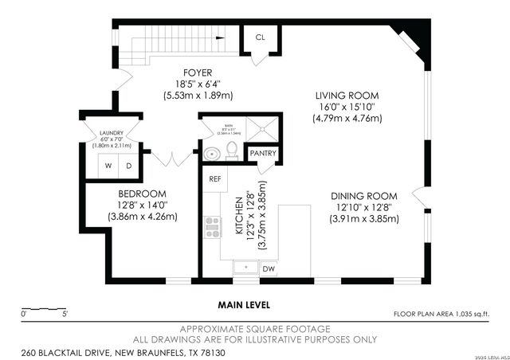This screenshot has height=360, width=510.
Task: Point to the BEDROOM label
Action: coord(142,194)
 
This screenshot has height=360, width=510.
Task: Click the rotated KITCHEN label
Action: coord(238,216)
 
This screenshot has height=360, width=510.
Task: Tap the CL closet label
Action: coord(261,37)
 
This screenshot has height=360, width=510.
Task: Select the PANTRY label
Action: coord(262,153)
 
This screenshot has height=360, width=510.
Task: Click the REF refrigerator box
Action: coord(215,179)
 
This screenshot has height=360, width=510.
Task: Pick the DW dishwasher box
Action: coord(270,268)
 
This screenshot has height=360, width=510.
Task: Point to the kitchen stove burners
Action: coord(213,227)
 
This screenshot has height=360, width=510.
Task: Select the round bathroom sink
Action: coord(210,153)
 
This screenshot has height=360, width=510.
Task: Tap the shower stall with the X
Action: coord(260,129)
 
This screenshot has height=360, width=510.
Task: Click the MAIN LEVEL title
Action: coord(244,304)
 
